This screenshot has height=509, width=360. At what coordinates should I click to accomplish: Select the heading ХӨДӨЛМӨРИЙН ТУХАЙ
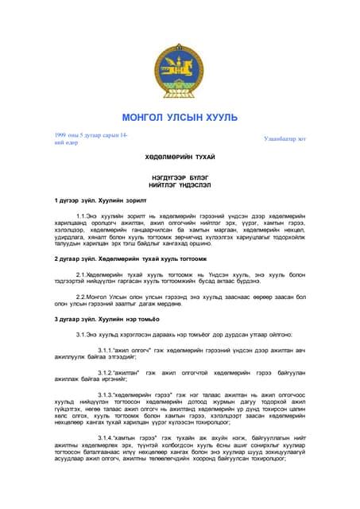[x=179, y=158]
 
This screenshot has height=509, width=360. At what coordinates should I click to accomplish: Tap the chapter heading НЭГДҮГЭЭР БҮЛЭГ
[x=179, y=177]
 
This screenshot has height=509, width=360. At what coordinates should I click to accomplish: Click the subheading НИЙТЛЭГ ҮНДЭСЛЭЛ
[x=179, y=184]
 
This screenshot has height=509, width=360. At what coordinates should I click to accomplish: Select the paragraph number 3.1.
[x=83, y=334]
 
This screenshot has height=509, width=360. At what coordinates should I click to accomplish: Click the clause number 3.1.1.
[x=107, y=349]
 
